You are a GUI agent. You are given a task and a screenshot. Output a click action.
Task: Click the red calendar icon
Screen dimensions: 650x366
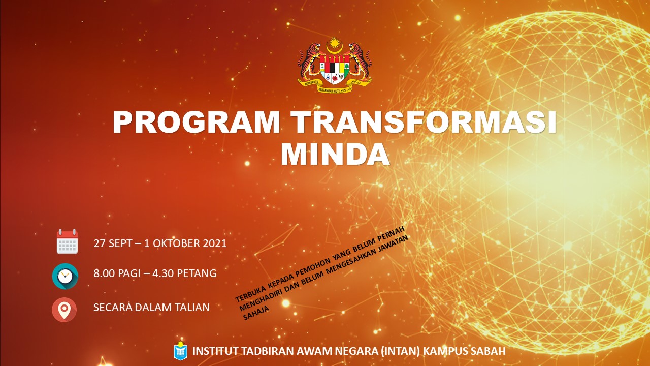(67, 241)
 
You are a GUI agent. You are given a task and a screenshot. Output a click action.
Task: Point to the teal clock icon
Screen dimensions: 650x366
(65, 276)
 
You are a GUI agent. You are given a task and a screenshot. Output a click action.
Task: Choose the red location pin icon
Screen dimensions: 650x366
(64, 310)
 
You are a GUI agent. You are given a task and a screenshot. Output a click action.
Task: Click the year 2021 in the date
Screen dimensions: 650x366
(215, 243)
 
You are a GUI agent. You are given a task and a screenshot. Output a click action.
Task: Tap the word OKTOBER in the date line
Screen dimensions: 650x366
(176, 243)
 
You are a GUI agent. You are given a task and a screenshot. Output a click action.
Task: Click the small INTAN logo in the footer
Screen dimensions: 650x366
(180, 351)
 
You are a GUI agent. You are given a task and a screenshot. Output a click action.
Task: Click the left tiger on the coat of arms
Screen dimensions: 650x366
(308, 62)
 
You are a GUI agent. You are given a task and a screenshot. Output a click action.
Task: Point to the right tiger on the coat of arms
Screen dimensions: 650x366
(360, 62)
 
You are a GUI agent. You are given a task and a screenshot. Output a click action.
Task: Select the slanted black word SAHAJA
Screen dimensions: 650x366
(256, 313)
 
